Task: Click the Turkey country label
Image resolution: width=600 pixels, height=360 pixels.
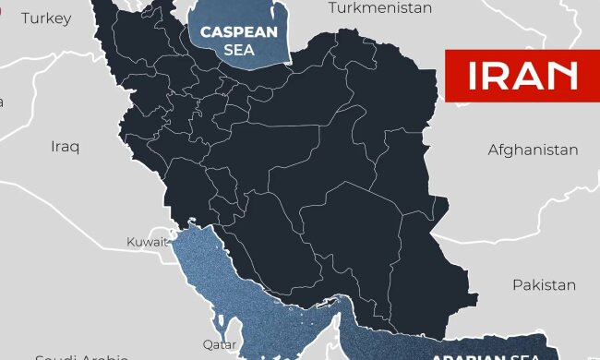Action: coord(45,18)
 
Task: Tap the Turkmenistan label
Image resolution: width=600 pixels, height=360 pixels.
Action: coord(380,8)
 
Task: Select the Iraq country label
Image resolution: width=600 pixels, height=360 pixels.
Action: coord(66,147)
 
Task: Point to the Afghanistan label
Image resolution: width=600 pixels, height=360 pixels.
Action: coord(533,150)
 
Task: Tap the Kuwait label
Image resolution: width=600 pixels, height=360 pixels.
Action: coord(147,243)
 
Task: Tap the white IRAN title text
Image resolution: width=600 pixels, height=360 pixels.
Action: coord(522,76)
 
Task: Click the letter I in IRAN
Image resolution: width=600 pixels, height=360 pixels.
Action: coord(473,76)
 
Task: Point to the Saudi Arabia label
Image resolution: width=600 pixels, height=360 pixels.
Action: coord(81,356)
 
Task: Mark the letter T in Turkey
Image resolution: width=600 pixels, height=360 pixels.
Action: coord(25,18)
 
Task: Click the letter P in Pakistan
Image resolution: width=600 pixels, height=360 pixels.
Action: coord(518,284)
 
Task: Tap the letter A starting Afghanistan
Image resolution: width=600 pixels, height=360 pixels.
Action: coord(493,150)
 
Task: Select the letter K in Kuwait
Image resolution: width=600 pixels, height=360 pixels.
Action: coord(130,243)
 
